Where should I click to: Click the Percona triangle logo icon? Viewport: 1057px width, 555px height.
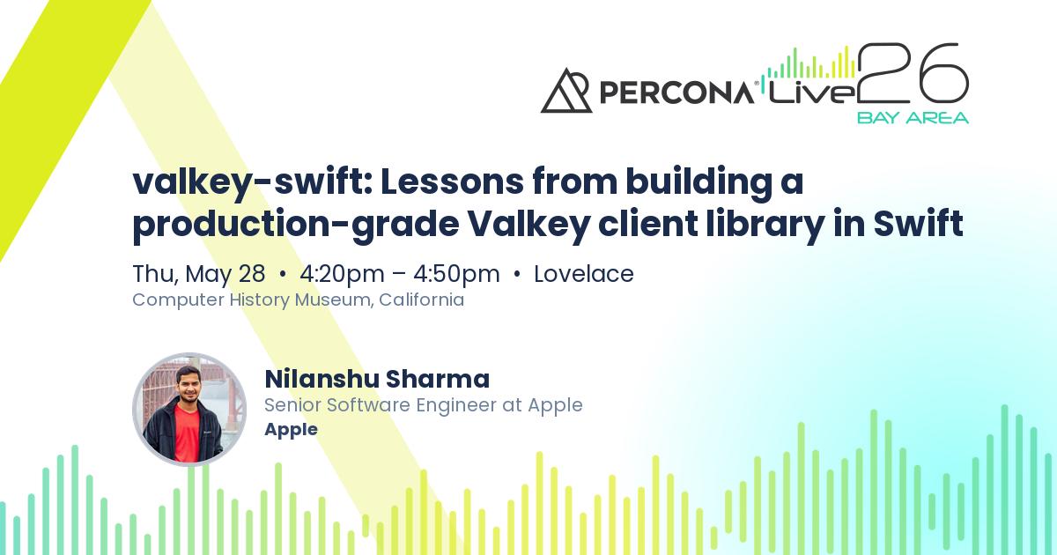click(566, 91)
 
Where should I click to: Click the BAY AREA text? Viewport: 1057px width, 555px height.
click(913, 117)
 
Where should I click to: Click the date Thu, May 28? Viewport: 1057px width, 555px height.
click(198, 274)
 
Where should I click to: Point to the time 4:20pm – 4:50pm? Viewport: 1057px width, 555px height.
click(400, 274)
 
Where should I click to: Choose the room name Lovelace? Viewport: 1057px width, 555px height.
click(584, 274)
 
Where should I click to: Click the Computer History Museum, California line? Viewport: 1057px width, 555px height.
click(298, 300)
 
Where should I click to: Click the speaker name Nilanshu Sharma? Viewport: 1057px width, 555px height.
click(376, 379)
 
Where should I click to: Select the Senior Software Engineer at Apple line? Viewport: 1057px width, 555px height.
click(423, 405)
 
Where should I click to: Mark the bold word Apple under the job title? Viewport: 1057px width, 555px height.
click(291, 430)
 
